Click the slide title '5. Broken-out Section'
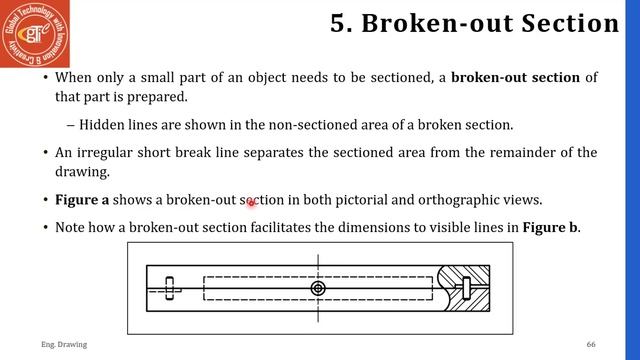pyautogui.click(x=474, y=23)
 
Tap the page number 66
pyautogui.click(x=591, y=344)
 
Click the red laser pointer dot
pyautogui.click(x=252, y=203)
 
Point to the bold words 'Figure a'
pyautogui.click(x=82, y=200)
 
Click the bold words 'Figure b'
pyautogui.click(x=551, y=227)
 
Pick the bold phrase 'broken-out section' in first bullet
pyautogui.click(x=515, y=77)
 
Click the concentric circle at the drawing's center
pyautogui.click(x=318, y=289)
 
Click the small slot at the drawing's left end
pyautogui.click(x=170, y=288)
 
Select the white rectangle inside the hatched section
pyautogui.click(x=466, y=288)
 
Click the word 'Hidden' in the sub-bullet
pyautogui.click(x=102, y=125)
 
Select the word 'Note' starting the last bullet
pyautogui.click(x=71, y=227)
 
